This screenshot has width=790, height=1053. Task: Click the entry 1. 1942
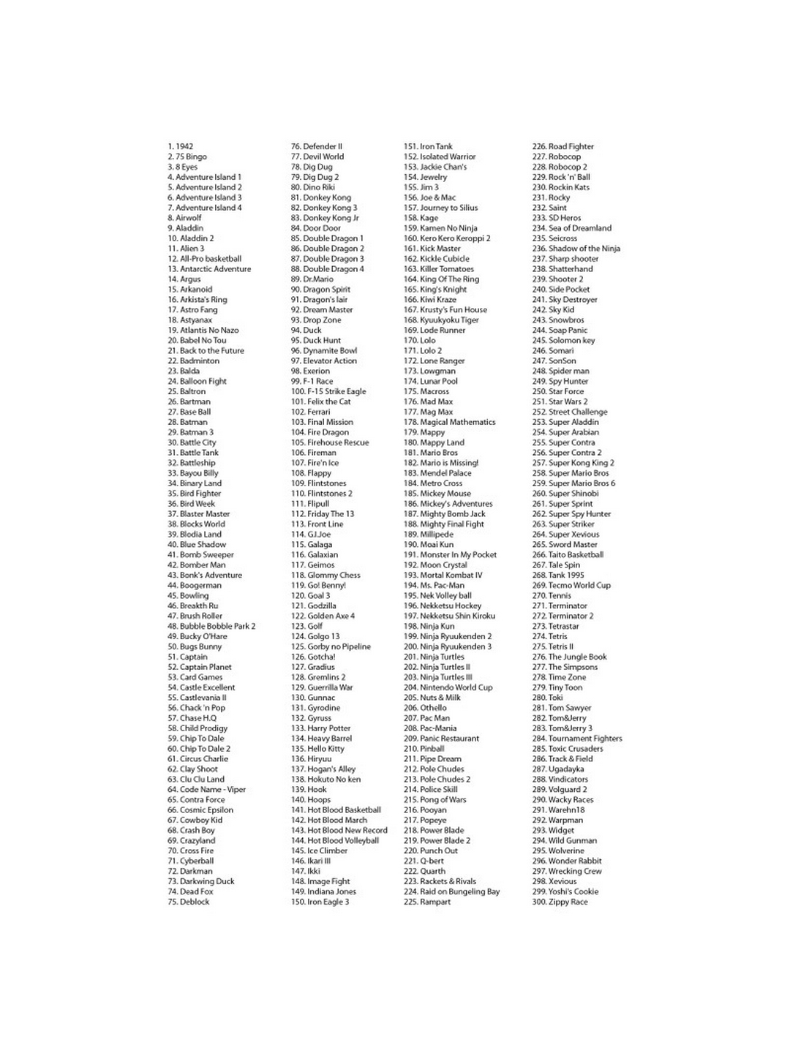pos(181,146)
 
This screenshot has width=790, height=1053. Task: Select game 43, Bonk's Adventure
pos(205,575)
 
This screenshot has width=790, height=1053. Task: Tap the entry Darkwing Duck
pos(201,881)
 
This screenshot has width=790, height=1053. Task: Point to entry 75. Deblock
pos(189,902)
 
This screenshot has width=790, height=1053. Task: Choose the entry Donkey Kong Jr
pos(325,218)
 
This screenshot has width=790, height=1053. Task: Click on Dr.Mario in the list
pos(312,279)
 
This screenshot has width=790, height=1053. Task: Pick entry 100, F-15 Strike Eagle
pos(328,391)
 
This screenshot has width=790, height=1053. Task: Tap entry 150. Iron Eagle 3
pos(320,902)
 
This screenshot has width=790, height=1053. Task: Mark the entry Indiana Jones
pos(323,891)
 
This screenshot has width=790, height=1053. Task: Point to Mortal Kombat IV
pos(443,575)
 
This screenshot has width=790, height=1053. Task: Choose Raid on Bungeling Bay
pos(451,891)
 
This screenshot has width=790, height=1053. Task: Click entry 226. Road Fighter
pos(563,146)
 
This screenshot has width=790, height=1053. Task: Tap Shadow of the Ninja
pos(576,249)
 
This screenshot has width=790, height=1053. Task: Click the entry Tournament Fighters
pos(577,739)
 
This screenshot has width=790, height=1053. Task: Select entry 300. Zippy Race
pos(560,902)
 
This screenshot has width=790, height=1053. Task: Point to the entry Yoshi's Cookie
pos(565,891)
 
